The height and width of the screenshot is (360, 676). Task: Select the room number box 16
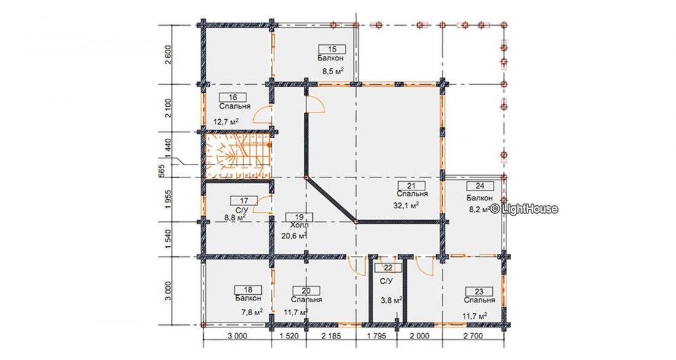point(233,98)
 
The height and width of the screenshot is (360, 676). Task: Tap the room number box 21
point(411,186)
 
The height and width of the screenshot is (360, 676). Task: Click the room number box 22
point(388,268)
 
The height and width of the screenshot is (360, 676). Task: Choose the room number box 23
point(479,292)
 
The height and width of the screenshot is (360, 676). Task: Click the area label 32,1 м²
point(406,206)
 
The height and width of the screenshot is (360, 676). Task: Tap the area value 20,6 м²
point(294,235)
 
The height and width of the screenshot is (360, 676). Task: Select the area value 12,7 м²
point(226,122)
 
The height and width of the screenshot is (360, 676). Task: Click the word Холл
point(299,225)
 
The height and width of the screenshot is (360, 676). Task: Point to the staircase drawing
point(237,155)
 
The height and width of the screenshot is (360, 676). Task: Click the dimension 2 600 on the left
point(168,55)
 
